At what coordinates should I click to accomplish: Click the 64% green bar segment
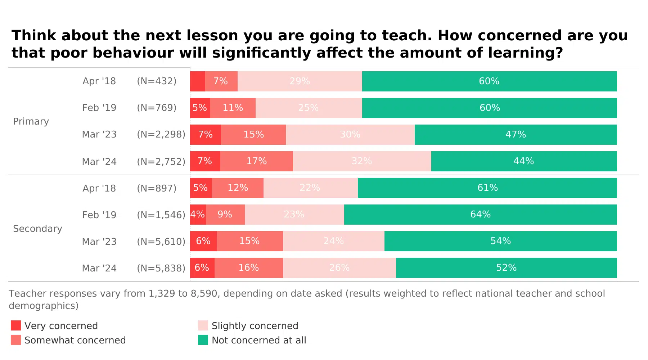pos(480,215)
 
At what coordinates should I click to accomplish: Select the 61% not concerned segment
pos(487,188)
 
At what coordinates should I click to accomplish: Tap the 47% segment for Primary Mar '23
pos(516,135)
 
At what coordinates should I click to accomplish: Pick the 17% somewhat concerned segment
pos(256,161)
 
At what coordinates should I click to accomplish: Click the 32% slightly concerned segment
pos(362,161)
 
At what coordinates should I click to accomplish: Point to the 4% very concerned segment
pos(198,215)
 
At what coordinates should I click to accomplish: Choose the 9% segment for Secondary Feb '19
pos(225,215)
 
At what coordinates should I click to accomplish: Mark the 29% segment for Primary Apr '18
pos(300,81)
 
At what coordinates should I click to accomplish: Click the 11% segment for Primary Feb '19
pos(233,108)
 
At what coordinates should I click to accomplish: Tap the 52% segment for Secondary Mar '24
pos(506,268)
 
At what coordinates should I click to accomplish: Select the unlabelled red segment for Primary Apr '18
pos(197,81)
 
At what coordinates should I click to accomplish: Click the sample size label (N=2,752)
pos(161,162)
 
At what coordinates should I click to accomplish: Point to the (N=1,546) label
pos(161,215)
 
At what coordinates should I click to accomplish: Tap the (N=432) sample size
pos(157,81)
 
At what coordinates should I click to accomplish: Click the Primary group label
pos(31,122)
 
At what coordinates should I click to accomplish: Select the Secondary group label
pos(37,229)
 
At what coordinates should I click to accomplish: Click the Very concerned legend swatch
pos(16,325)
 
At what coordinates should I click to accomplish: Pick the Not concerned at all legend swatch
pos(203,340)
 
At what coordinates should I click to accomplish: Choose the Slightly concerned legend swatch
pos(203,325)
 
